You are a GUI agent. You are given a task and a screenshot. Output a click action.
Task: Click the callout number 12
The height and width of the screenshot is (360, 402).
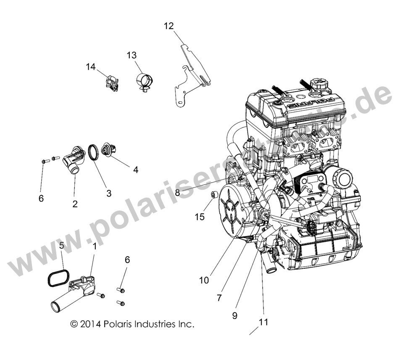coord(168,26)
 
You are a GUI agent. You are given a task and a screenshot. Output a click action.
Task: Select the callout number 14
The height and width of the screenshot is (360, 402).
coord(91,66)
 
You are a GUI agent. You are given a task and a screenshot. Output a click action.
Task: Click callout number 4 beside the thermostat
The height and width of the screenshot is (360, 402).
coord(135,170)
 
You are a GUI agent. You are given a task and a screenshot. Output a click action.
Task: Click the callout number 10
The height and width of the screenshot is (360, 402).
coord(204,280)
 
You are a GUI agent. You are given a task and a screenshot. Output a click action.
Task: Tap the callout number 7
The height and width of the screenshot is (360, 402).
coord(219,298)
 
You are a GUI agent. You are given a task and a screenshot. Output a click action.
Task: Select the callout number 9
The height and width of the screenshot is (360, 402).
coord(234,314)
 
